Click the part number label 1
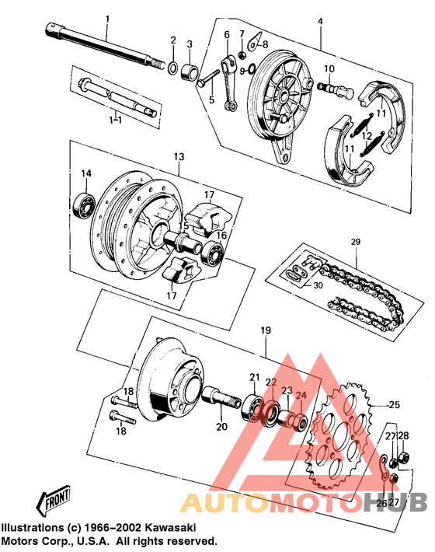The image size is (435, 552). (108, 18)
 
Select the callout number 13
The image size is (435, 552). (179, 157)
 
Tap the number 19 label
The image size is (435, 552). (266, 330)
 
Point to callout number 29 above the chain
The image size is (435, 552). (356, 243)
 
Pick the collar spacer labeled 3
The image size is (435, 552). (190, 74)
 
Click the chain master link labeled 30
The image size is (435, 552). (294, 274)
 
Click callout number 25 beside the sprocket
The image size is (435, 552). (394, 405)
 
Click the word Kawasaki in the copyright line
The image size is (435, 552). (167, 527)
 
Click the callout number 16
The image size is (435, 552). (221, 235)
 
